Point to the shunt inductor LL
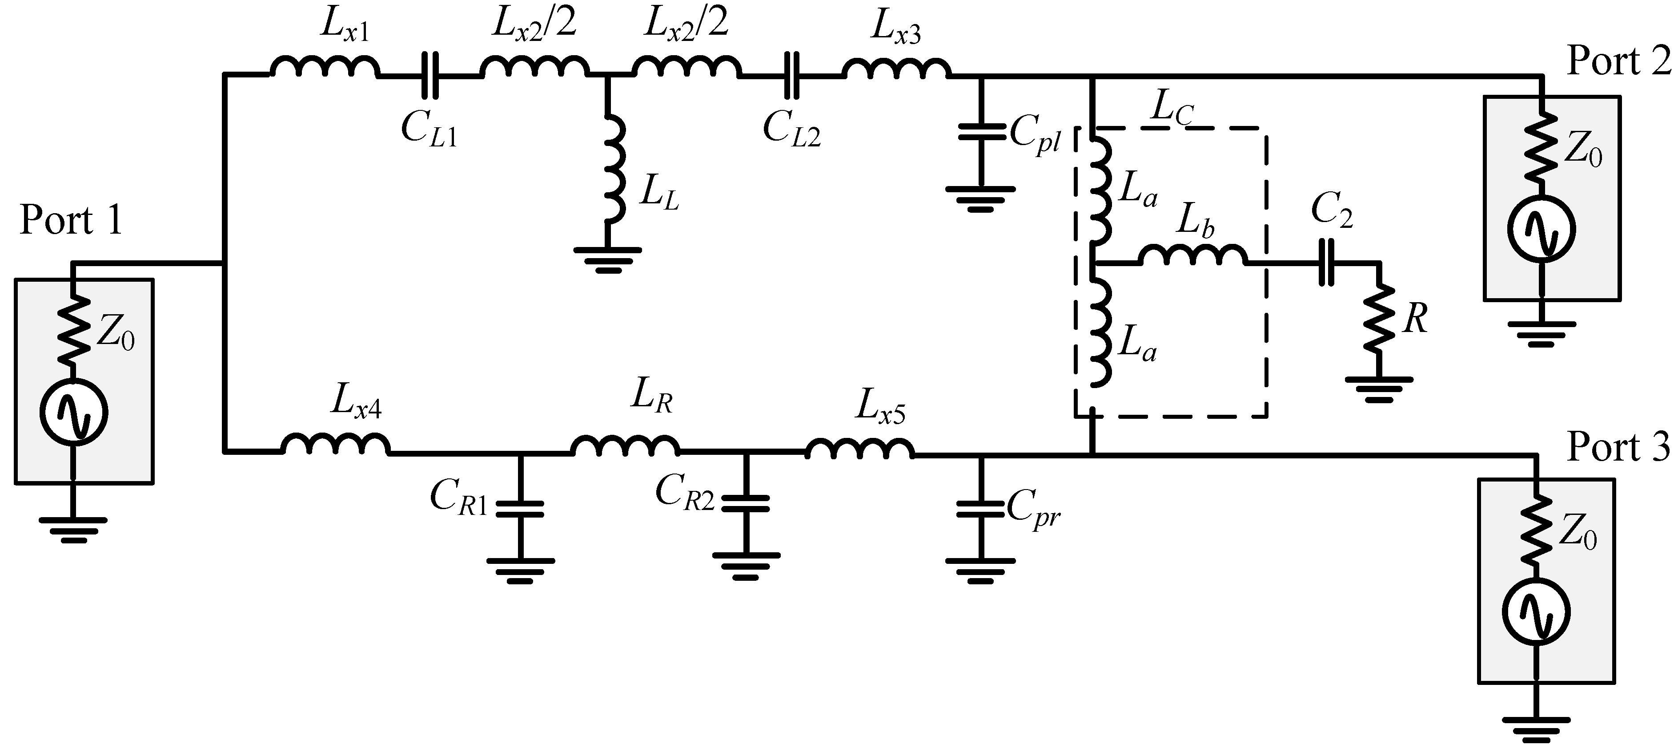(x=614, y=169)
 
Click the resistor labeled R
(x=1378, y=319)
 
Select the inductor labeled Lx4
(x=335, y=444)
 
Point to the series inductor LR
(x=625, y=445)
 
